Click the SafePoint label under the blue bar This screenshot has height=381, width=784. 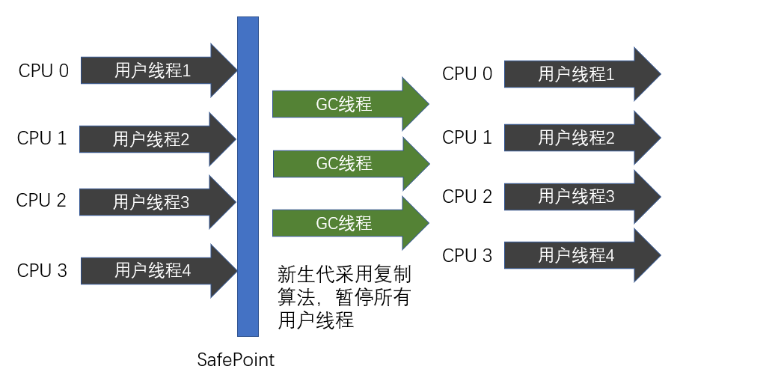coord(236,360)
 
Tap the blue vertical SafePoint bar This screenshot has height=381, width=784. coord(248,176)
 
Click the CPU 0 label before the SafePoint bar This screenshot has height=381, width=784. coord(43,71)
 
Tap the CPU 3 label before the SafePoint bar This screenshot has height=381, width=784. coord(42,270)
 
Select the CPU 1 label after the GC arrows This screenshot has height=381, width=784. coord(468,138)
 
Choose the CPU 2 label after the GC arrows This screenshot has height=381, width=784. coord(468,197)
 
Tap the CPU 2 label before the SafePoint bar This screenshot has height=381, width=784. coord(42,201)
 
